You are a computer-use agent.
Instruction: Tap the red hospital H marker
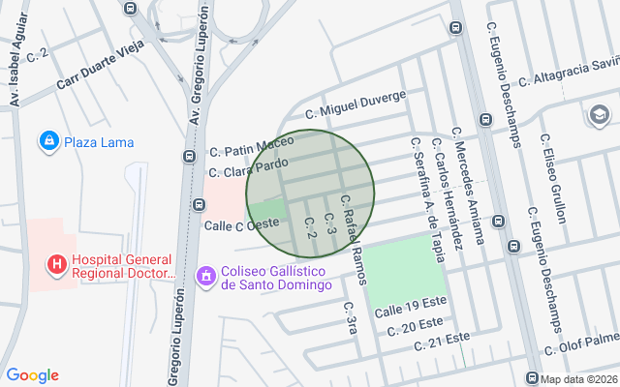point(57,263)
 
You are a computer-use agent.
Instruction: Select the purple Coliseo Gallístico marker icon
point(205,278)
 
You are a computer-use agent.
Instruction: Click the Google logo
point(32,375)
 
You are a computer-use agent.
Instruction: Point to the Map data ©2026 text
point(579,378)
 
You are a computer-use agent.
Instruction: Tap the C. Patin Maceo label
point(251,148)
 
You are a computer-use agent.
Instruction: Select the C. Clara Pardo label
point(249,168)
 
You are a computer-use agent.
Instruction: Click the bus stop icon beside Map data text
point(532,377)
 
